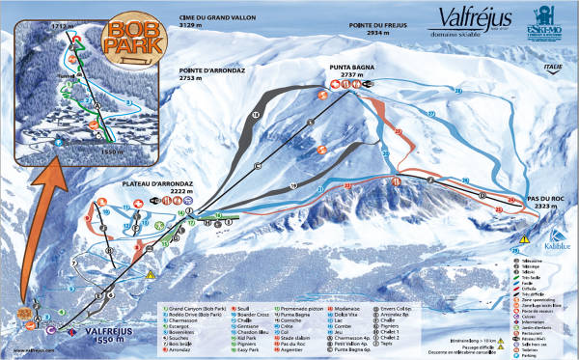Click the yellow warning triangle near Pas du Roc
(524, 236)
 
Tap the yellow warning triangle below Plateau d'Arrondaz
(152, 273)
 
